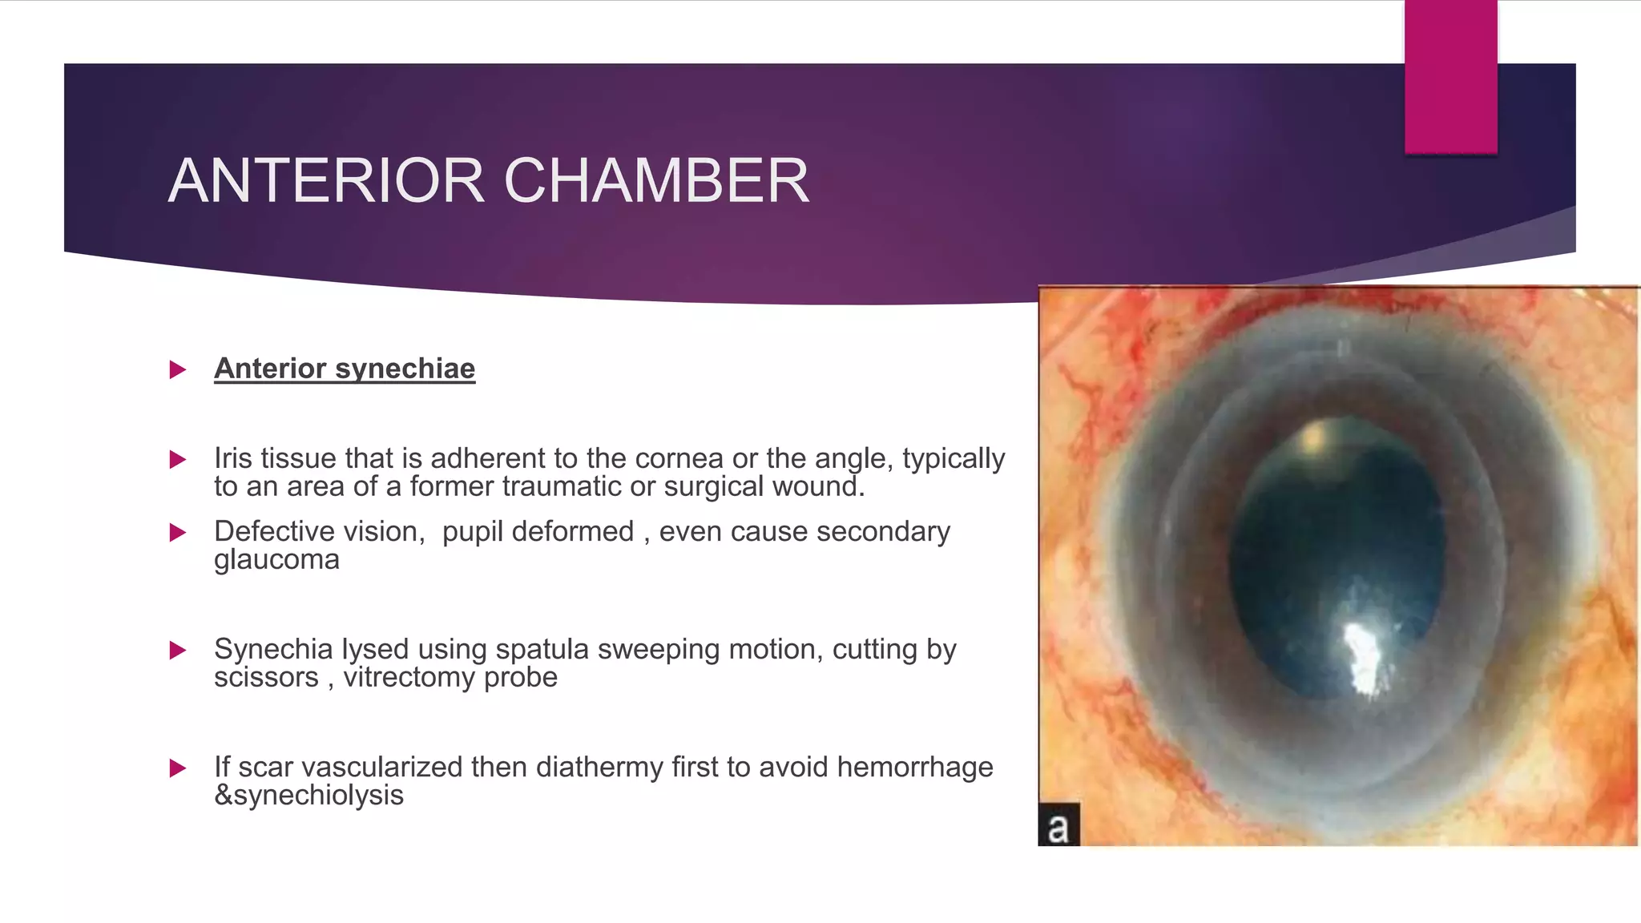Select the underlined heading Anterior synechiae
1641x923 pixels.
click(x=345, y=369)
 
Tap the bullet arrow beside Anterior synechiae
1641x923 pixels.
click(x=178, y=369)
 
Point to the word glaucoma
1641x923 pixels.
click(x=276, y=559)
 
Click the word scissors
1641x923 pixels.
click(x=266, y=678)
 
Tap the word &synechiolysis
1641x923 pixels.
click(x=308, y=796)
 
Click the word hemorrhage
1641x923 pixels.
click(x=914, y=767)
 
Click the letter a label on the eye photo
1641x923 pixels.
click(x=1058, y=827)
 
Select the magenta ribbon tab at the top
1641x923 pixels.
click(x=1450, y=76)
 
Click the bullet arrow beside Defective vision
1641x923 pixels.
click(x=178, y=533)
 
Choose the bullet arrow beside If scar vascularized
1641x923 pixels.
click(x=178, y=768)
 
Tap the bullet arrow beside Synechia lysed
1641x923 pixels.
click(x=178, y=650)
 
